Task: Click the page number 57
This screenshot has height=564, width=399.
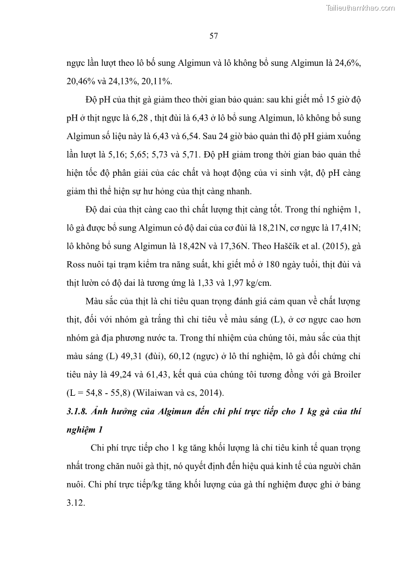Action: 213,36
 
